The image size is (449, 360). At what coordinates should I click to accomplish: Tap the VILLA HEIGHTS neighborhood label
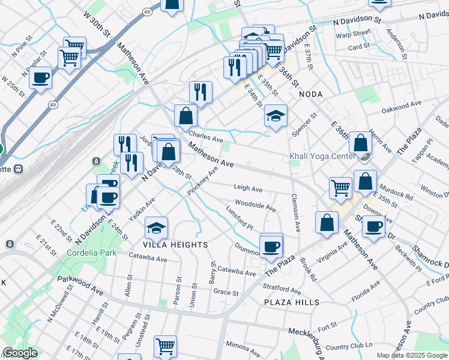pos(175,245)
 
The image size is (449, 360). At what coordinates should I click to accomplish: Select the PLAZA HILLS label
pos(292,302)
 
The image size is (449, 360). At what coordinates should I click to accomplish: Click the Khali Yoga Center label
pos(322,156)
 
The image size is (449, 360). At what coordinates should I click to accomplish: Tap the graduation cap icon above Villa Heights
pos(156,227)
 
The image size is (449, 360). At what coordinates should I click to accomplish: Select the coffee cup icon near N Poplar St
pos(41,77)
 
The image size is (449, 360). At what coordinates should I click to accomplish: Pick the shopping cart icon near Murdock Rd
pos(340,188)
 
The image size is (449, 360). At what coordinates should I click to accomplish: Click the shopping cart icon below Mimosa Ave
pos(165,346)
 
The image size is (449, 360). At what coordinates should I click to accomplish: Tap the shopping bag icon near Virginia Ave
pos(326,223)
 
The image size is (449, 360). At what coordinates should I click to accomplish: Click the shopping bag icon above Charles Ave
pos(186,115)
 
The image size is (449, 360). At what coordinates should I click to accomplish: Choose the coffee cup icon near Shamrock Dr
pos(373,227)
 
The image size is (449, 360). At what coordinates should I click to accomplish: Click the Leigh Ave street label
pos(249,188)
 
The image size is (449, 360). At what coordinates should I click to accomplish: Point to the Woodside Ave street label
pos(255,206)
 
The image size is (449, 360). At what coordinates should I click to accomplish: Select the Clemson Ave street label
pos(295,212)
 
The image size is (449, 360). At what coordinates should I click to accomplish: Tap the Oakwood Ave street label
pos(402,107)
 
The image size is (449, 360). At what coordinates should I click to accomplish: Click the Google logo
pos(19,353)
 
